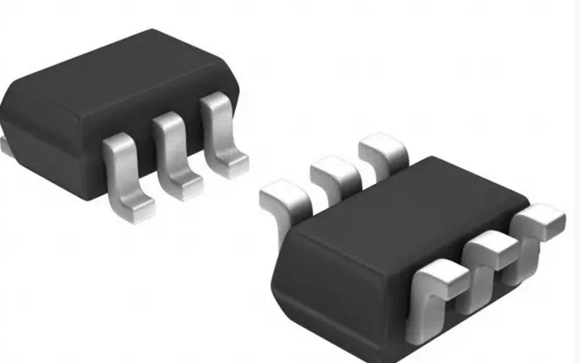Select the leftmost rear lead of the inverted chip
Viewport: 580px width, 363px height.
coord(283,195)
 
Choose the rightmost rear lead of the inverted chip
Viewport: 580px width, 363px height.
coord(380,150)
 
